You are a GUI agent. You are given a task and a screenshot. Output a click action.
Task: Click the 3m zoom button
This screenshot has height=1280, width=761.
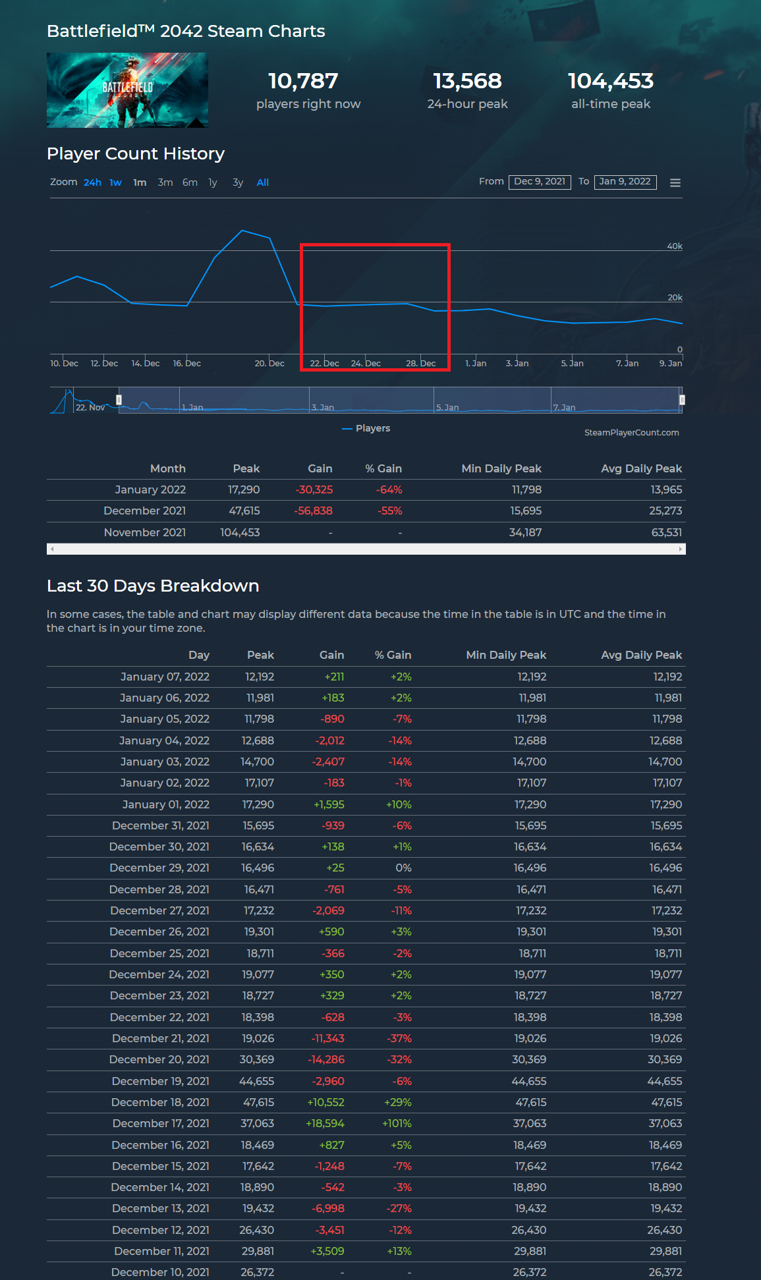tap(165, 182)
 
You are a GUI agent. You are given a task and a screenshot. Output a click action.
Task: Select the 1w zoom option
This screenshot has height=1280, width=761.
tap(115, 182)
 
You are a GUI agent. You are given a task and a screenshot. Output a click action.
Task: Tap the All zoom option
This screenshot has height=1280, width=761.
tap(262, 182)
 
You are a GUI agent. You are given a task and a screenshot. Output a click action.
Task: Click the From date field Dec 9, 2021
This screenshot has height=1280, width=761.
tap(539, 182)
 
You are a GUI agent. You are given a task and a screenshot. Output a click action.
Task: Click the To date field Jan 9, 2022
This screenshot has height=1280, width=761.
tap(625, 182)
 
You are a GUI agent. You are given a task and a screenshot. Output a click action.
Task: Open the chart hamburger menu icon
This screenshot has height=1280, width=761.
tap(675, 182)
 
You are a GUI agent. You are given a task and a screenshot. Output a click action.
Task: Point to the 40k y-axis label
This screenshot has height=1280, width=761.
tap(675, 246)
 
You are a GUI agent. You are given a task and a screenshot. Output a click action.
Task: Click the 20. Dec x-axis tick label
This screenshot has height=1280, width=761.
tap(269, 363)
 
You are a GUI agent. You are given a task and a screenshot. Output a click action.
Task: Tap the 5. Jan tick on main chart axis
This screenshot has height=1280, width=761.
tap(572, 363)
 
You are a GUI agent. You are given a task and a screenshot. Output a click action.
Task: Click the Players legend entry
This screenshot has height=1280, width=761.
tap(366, 428)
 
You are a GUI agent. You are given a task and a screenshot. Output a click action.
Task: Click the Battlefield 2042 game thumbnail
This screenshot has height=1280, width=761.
tap(127, 90)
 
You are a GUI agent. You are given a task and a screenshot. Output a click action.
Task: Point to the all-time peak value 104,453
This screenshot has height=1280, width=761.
tap(611, 81)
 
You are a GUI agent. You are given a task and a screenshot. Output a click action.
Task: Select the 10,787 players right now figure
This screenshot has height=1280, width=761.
tap(303, 81)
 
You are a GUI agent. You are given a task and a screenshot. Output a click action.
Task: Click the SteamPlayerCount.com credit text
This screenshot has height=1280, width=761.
tap(631, 432)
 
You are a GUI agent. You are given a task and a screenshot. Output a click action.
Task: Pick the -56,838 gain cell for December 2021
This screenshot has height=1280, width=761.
tap(313, 511)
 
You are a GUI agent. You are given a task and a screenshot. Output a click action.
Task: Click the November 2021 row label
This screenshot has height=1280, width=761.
tap(145, 532)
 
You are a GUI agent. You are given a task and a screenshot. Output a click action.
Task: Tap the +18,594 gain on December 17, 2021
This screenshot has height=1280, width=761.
tap(325, 1123)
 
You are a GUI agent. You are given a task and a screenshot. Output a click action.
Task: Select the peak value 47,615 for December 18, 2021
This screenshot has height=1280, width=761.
tap(258, 1102)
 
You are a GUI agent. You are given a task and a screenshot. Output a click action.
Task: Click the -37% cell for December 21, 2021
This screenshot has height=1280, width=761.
tap(399, 1038)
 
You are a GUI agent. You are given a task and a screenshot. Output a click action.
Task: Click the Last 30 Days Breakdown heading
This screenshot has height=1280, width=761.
tap(153, 586)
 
